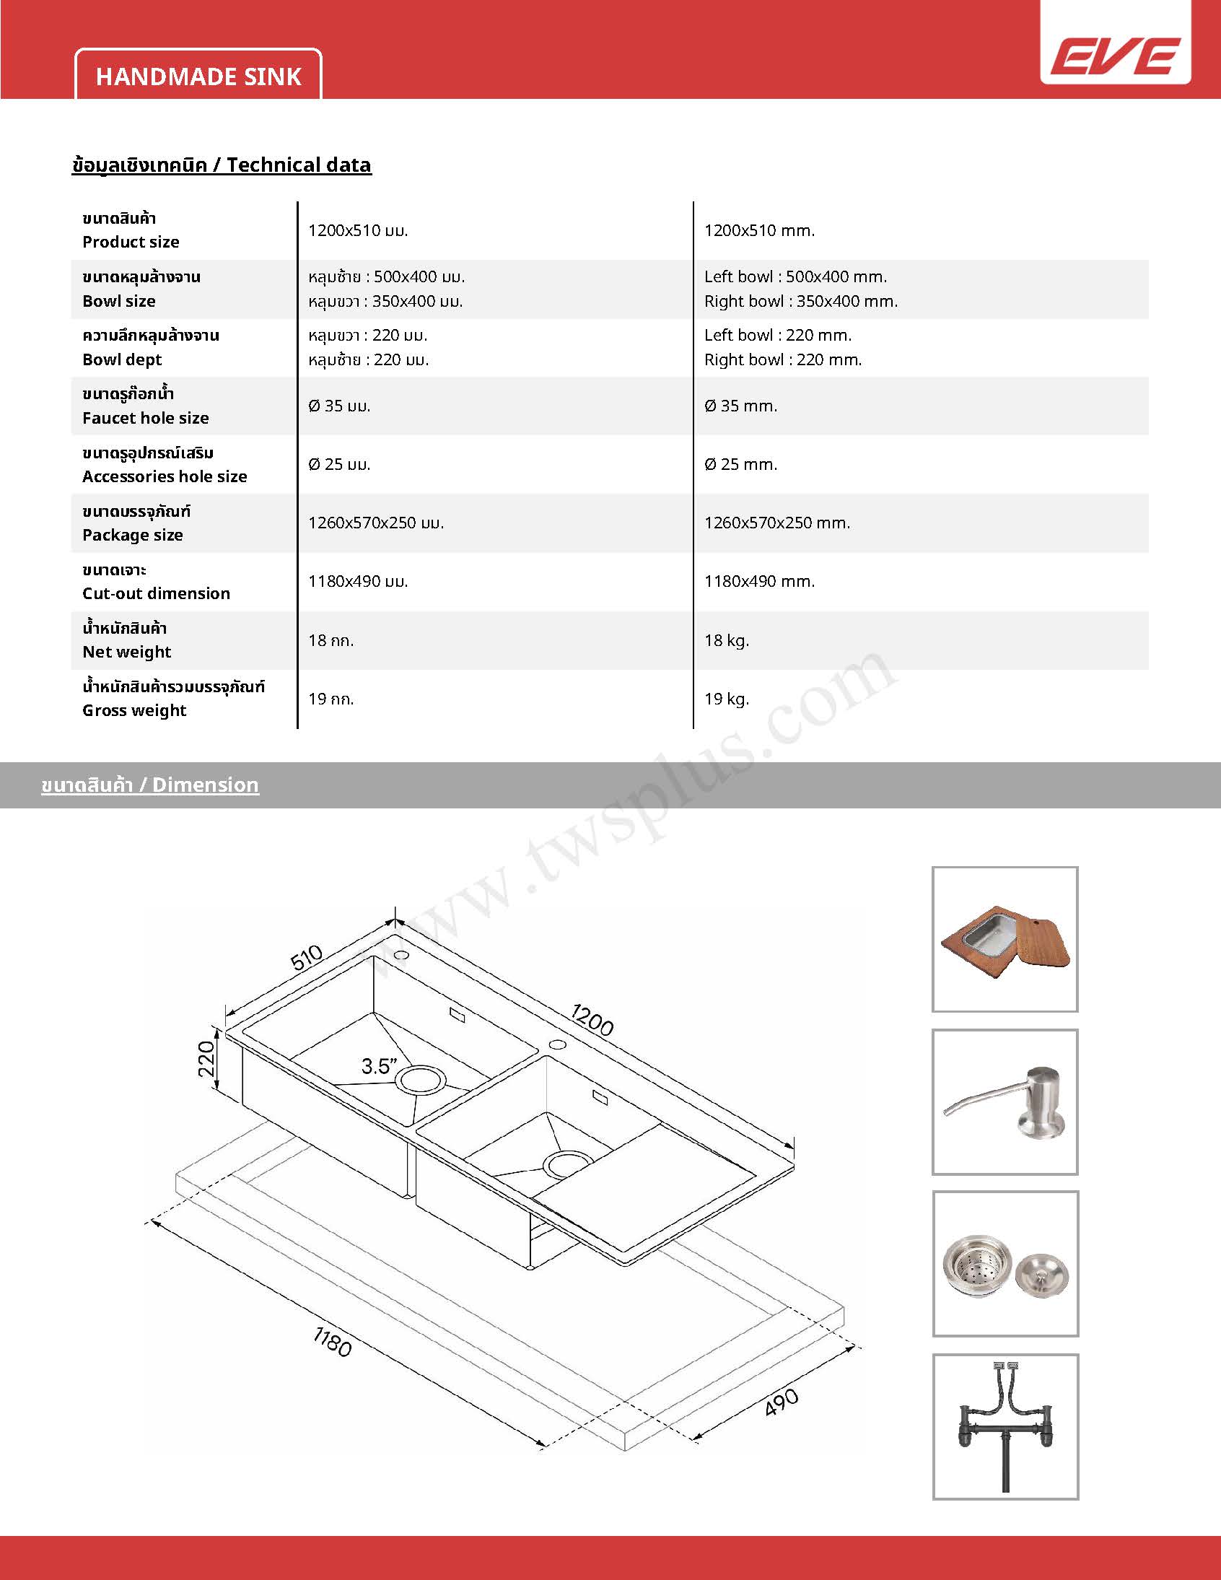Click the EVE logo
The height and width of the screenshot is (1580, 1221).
point(1116,57)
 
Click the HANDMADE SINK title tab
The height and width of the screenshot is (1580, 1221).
point(198,77)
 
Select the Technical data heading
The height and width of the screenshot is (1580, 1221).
point(222,165)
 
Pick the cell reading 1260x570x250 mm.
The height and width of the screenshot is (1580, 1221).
point(777,523)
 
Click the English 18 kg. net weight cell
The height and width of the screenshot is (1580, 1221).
point(726,640)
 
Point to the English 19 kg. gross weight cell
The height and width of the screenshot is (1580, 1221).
point(726,699)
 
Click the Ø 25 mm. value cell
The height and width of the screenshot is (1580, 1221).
point(740,464)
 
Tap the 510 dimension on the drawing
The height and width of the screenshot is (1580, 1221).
point(306,958)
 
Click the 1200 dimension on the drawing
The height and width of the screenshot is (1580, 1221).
point(592,1018)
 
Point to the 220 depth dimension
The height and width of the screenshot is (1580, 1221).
point(206,1057)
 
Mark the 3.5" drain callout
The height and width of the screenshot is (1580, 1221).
point(379,1065)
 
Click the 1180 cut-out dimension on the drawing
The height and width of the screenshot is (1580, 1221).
point(332,1342)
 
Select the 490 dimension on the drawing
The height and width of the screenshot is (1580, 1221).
point(782,1401)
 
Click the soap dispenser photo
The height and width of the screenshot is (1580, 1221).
point(1005,1101)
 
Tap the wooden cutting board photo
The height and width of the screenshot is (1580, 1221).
point(1005,939)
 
